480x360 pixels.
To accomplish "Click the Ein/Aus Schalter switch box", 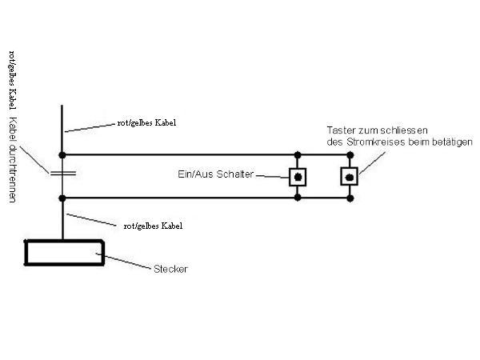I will click(x=298, y=176).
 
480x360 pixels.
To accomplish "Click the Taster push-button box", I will click(x=349, y=176).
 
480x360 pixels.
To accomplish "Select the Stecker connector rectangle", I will click(x=64, y=253).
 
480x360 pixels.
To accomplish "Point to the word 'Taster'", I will click(x=340, y=130).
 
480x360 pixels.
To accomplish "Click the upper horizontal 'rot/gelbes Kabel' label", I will click(x=146, y=124).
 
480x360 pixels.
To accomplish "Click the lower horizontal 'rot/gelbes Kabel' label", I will click(x=152, y=226).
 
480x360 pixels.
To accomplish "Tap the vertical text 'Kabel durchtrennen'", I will click(x=13, y=160).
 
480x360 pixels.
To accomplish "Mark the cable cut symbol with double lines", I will click(x=62, y=172).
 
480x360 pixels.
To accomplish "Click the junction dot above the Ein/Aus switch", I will click(x=298, y=154).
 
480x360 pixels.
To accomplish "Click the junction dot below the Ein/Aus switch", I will click(x=298, y=197).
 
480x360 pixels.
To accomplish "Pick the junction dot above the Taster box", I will click(x=349, y=154).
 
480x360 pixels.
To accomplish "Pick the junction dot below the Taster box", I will click(x=349, y=197).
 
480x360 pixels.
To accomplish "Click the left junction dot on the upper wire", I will click(x=62, y=154).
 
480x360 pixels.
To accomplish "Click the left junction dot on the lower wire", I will click(x=62, y=197).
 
